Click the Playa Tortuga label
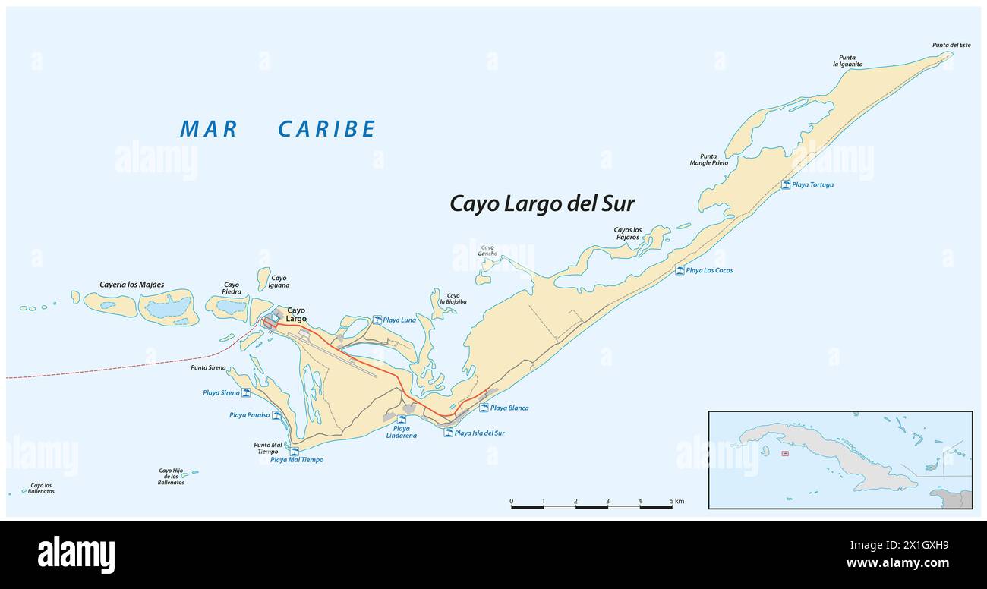coord(812,184)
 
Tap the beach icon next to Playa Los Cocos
coord(680,270)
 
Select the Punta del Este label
coord(951,45)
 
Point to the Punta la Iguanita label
coord(847,61)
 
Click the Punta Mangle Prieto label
coord(708,159)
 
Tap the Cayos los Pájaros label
coord(628,234)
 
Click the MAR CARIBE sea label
coord(278,129)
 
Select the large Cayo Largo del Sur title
coord(542,203)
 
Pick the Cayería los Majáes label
coord(131,285)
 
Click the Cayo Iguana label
coord(279,282)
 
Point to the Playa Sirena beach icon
coord(246,392)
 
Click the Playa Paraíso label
coord(250,415)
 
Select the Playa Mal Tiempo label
coord(297,459)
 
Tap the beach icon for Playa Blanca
coord(484,408)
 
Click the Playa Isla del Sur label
coord(479,433)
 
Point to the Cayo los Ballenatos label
coord(42,488)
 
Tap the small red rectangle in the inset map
coord(785,454)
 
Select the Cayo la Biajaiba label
coord(453,298)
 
